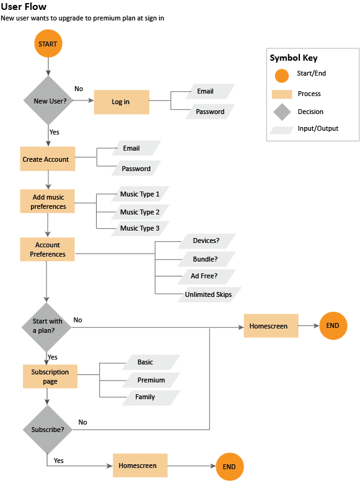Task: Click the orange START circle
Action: [x=48, y=43]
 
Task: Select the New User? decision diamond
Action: [x=48, y=100]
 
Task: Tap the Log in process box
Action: [x=121, y=102]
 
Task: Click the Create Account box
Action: [x=48, y=159]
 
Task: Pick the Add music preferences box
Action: [x=47, y=201]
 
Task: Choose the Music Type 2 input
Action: [x=140, y=212]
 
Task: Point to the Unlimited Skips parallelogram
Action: [x=209, y=294]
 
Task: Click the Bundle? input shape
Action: [x=207, y=259]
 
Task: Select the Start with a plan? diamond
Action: [x=46, y=327]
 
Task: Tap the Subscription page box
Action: [x=50, y=376]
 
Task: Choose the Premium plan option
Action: [x=151, y=380]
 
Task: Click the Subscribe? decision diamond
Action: [x=48, y=430]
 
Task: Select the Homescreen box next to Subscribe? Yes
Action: [x=140, y=466]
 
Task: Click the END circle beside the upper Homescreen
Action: [x=333, y=326]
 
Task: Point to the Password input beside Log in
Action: [x=210, y=112]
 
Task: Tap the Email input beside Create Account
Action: [x=136, y=148]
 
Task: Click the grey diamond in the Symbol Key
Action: [x=282, y=112]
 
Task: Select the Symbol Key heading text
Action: [x=294, y=58]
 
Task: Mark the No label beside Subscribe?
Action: [x=82, y=422]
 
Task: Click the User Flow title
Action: [x=24, y=6]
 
